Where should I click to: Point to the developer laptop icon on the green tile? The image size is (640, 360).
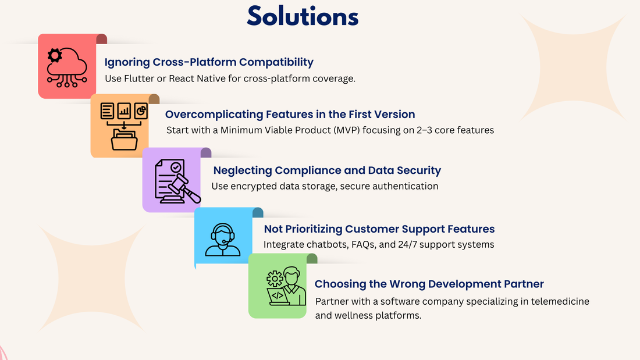coord(285,286)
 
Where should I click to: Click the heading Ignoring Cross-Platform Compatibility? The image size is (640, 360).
coord(209,62)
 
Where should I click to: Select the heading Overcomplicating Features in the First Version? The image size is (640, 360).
coord(290,115)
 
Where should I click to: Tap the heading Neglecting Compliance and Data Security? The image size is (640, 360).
coord(327,170)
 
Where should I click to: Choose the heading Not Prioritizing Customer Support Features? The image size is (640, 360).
coord(379,229)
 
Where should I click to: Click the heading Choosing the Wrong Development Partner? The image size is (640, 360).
coord(429,284)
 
